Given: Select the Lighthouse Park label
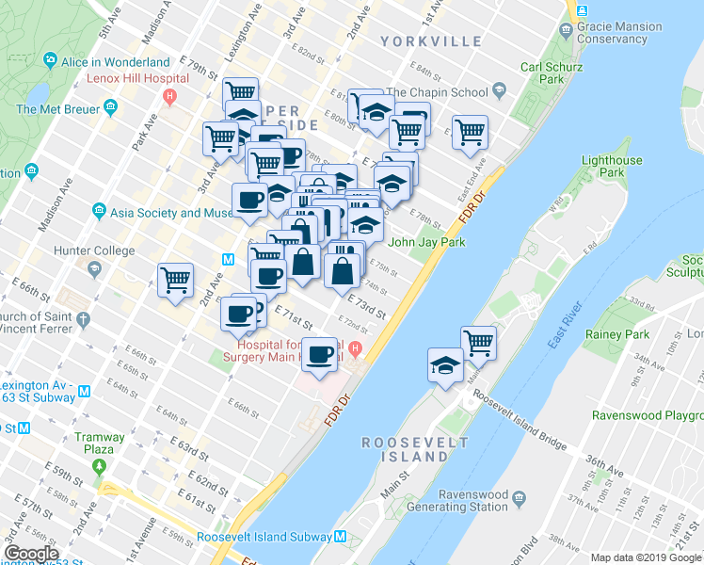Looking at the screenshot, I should tap(613, 167).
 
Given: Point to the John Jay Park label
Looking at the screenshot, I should tap(427, 242).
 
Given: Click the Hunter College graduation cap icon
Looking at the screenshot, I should tap(94, 269).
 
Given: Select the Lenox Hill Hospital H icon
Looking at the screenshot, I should tap(169, 95).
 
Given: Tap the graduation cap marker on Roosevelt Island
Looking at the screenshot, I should tap(445, 364).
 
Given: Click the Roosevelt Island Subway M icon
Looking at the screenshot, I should tap(341, 538).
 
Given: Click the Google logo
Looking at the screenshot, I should tap(31, 554).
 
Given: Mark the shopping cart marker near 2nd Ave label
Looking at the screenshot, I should tap(176, 280).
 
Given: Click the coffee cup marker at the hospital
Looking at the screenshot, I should tap(321, 353).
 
